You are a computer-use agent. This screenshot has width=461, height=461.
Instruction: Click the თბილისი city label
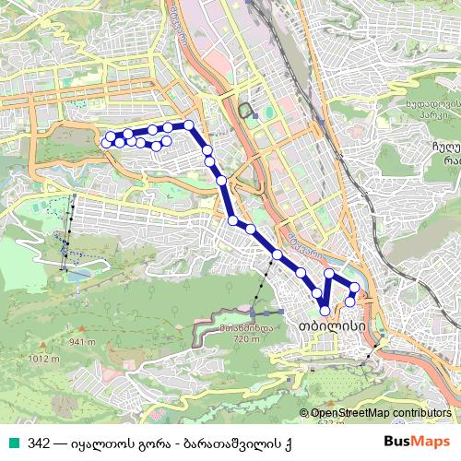328,326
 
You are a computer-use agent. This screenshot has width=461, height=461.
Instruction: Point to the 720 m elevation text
247,339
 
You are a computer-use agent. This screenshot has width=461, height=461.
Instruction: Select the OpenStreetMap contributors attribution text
380,413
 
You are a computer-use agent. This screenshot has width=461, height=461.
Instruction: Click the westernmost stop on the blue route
107,143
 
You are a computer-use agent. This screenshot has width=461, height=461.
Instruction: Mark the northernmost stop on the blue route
189,124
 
